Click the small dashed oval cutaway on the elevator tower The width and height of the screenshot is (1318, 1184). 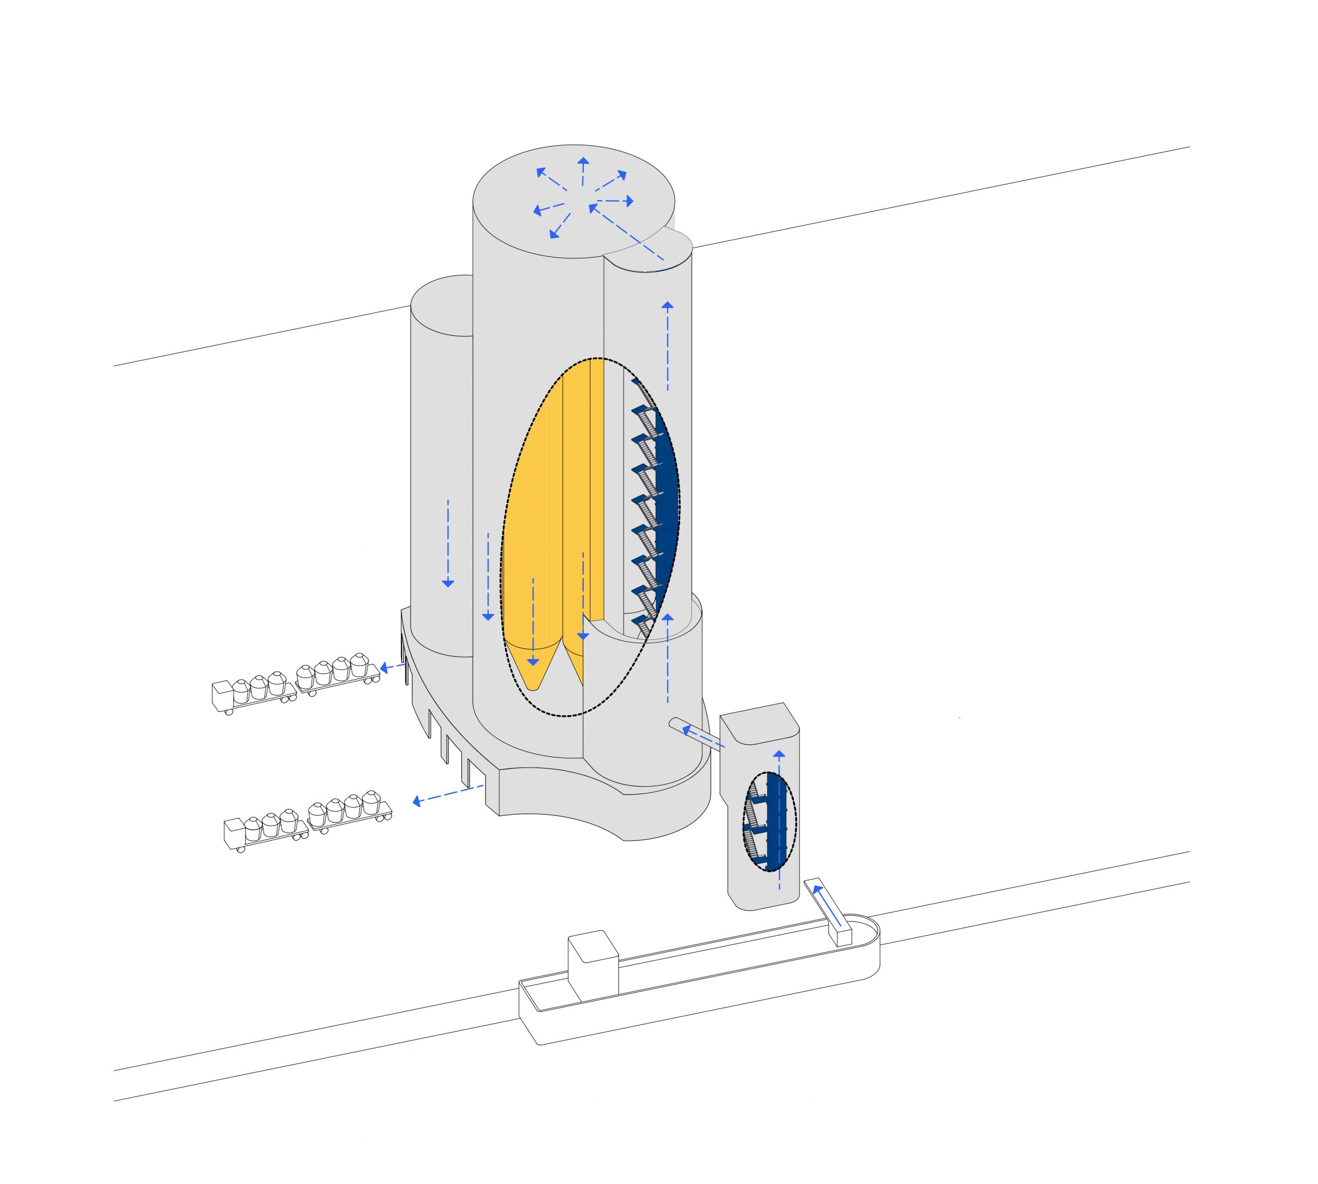click(x=770, y=821)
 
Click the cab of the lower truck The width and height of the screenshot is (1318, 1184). click(x=234, y=833)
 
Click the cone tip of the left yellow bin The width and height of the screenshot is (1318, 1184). click(x=533, y=684)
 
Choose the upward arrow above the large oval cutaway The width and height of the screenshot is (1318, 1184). click(x=667, y=345)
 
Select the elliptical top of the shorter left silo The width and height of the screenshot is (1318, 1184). click(x=441, y=306)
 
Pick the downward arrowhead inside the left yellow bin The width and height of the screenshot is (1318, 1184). click(x=533, y=661)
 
